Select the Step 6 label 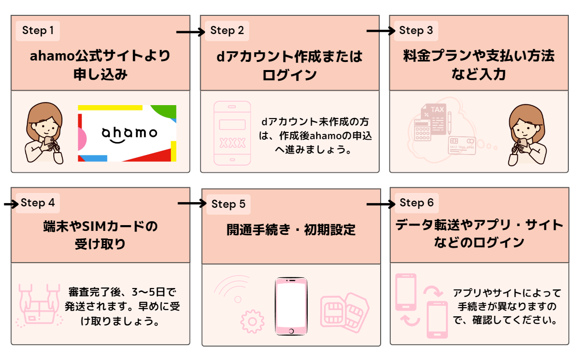417,203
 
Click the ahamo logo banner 127,133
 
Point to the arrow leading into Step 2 191,32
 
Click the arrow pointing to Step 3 381,31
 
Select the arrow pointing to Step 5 192,204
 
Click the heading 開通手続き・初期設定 291,230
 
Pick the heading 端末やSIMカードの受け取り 100,235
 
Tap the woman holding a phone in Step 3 527,134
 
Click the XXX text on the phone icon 232,143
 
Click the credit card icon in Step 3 461,145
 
